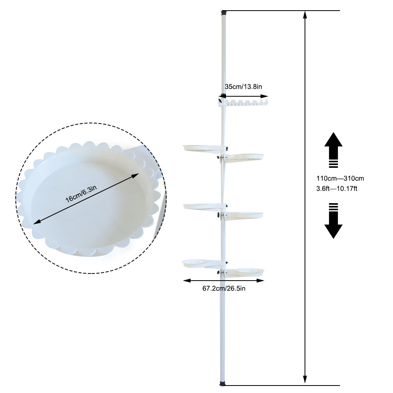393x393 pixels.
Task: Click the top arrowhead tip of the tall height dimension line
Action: (305, 11)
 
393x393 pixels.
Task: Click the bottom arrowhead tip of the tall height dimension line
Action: (305, 383)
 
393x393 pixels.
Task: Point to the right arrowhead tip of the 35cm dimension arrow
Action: (268, 96)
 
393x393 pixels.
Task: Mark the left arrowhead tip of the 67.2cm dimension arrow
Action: (183, 281)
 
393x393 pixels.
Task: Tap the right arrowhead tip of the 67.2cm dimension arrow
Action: (264, 281)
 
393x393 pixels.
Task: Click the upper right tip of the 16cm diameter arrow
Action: (139, 173)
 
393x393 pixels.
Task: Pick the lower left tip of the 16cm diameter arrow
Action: (33, 224)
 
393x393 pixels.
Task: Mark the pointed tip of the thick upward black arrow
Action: (333, 132)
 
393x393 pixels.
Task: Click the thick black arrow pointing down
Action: (333, 221)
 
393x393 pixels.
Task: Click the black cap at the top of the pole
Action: (224, 12)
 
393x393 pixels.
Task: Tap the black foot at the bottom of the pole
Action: (223, 384)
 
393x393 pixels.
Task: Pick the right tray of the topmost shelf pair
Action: (244, 158)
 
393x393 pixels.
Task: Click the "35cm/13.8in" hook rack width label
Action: (243, 87)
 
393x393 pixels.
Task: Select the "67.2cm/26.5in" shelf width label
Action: (224, 288)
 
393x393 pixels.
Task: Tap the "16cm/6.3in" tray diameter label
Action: (81, 194)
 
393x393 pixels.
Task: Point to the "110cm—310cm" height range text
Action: (340, 178)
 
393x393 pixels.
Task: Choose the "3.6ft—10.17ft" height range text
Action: (337, 189)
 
